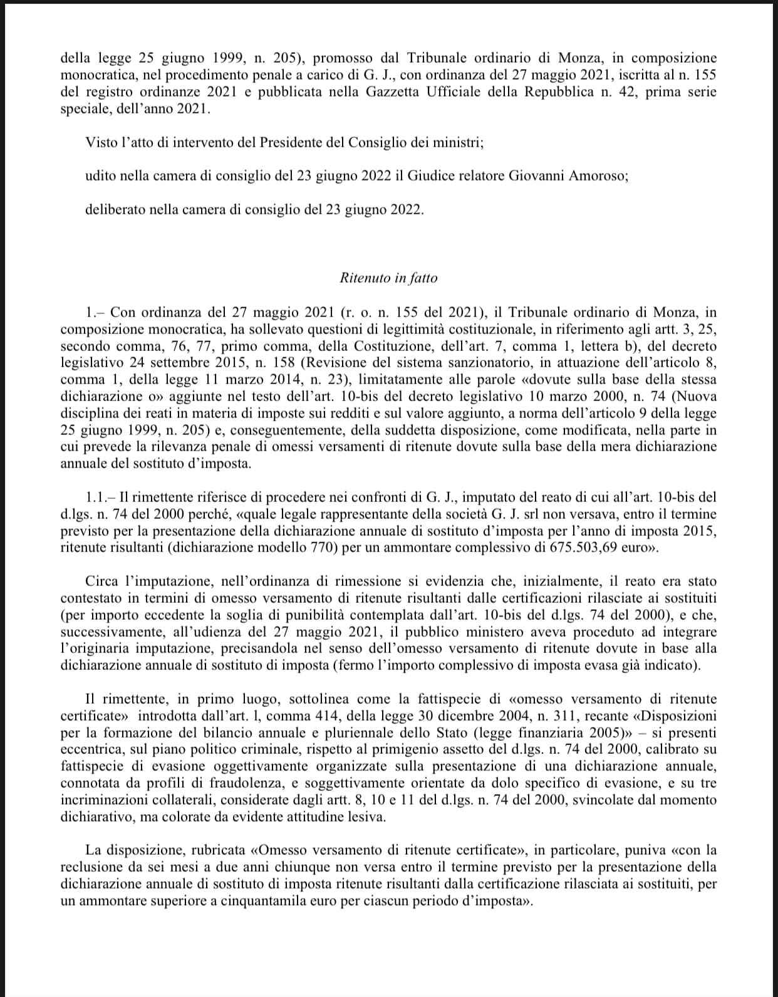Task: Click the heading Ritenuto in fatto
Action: [388, 278]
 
